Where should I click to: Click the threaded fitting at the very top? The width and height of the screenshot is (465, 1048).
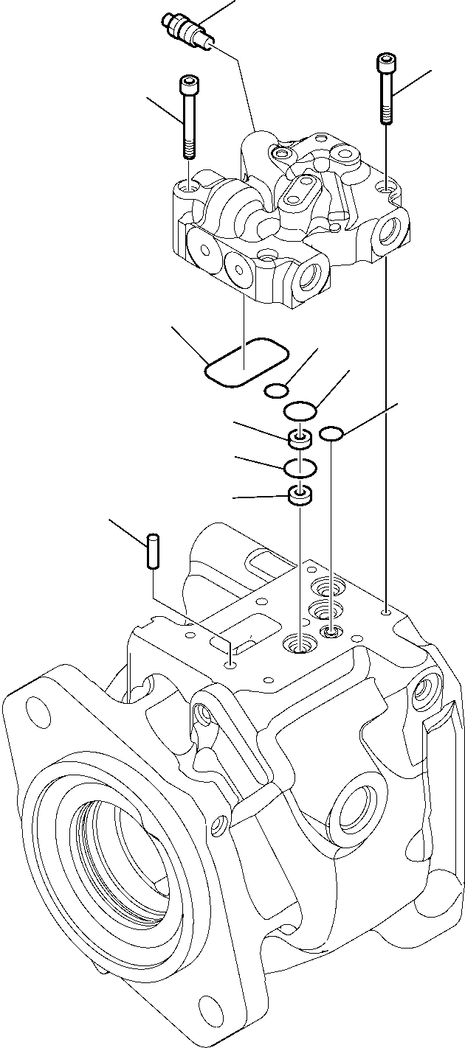[185, 32]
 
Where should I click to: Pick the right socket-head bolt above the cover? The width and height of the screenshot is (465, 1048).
[386, 88]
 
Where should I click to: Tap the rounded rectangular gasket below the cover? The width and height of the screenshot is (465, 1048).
[246, 362]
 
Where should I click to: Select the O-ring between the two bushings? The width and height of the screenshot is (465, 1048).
[300, 467]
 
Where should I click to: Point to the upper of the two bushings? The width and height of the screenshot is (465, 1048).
[300, 441]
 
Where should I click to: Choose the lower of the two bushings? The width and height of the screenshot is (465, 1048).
[300, 497]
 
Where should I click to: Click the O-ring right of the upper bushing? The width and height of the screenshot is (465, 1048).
[332, 435]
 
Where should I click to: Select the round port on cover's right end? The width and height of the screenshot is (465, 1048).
[390, 234]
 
